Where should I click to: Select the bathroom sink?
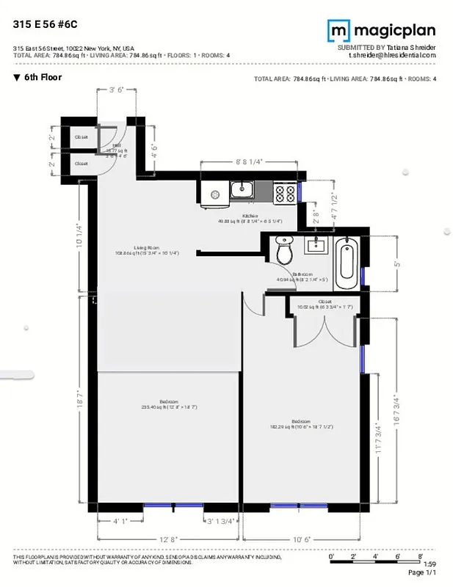point(320,244)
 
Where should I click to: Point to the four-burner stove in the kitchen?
point(286,193)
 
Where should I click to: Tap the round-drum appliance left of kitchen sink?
point(215,195)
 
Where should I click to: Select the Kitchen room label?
point(250,218)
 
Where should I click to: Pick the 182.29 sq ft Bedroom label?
point(302,424)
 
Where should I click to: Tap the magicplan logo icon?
point(338,30)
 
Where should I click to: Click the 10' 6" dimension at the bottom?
point(302,539)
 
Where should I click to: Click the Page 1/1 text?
point(421,572)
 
